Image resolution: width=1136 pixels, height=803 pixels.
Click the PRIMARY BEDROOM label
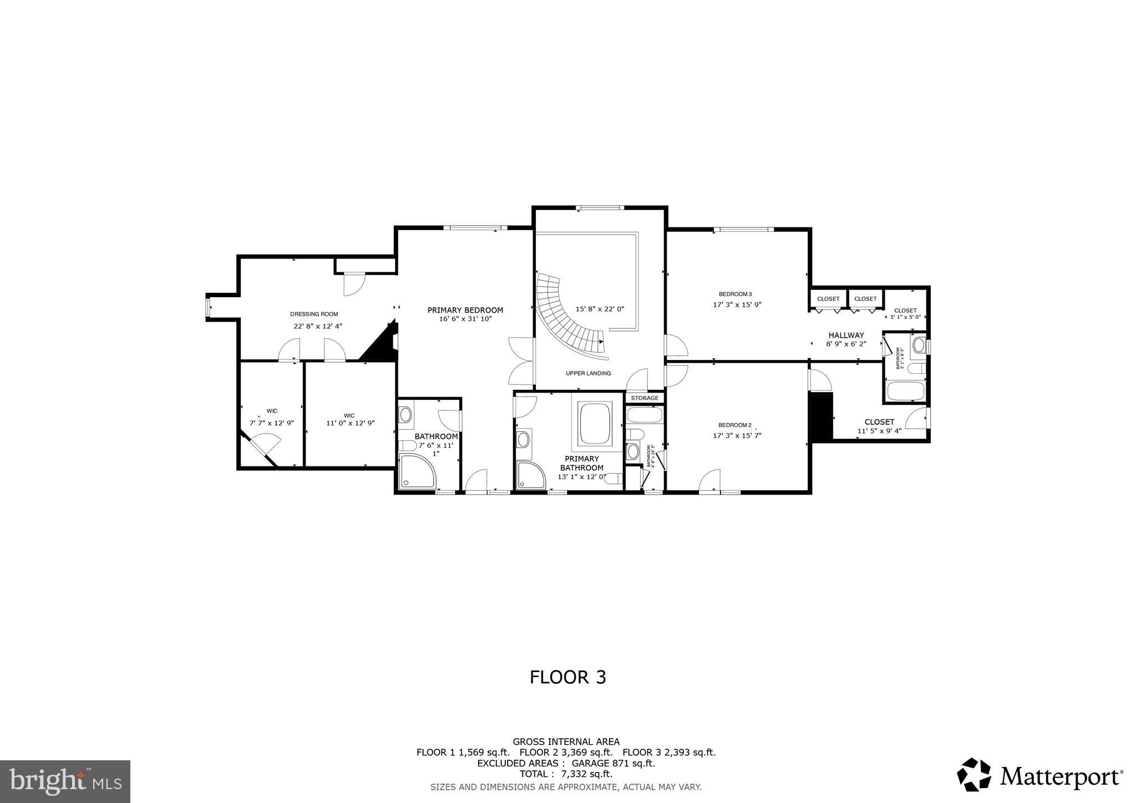tap(465, 310)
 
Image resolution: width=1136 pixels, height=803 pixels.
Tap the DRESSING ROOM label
tap(313, 314)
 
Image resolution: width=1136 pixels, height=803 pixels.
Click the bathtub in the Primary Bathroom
tap(595, 423)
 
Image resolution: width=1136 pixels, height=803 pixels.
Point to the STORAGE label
tap(644, 398)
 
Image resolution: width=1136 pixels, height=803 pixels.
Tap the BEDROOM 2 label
tap(734, 425)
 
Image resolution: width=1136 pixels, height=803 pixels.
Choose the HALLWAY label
tap(846, 335)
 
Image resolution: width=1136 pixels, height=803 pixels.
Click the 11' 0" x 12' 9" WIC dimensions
tap(350, 423)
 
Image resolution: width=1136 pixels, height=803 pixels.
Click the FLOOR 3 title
tap(567, 677)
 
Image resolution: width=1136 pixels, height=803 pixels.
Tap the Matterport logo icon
tap(974, 775)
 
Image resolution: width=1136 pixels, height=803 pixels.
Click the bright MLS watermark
tap(65, 781)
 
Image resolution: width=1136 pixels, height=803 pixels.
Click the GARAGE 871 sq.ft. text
tap(616, 763)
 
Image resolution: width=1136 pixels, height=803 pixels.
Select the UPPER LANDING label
tap(588, 373)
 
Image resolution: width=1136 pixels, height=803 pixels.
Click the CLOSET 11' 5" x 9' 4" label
tap(879, 426)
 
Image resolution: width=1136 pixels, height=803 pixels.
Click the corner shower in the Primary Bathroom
tap(530, 476)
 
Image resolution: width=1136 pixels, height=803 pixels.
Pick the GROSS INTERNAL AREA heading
tap(566, 741)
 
